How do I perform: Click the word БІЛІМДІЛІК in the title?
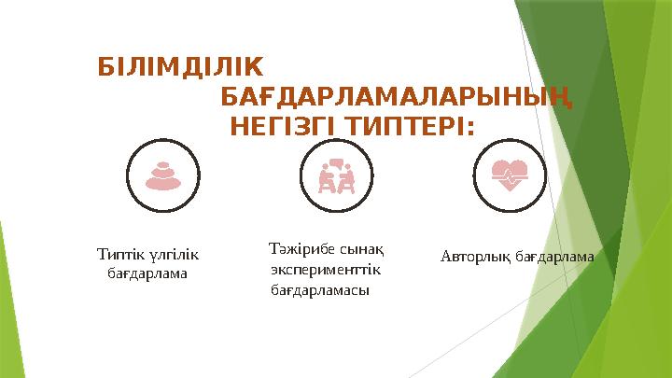click(x=181, y=67)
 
